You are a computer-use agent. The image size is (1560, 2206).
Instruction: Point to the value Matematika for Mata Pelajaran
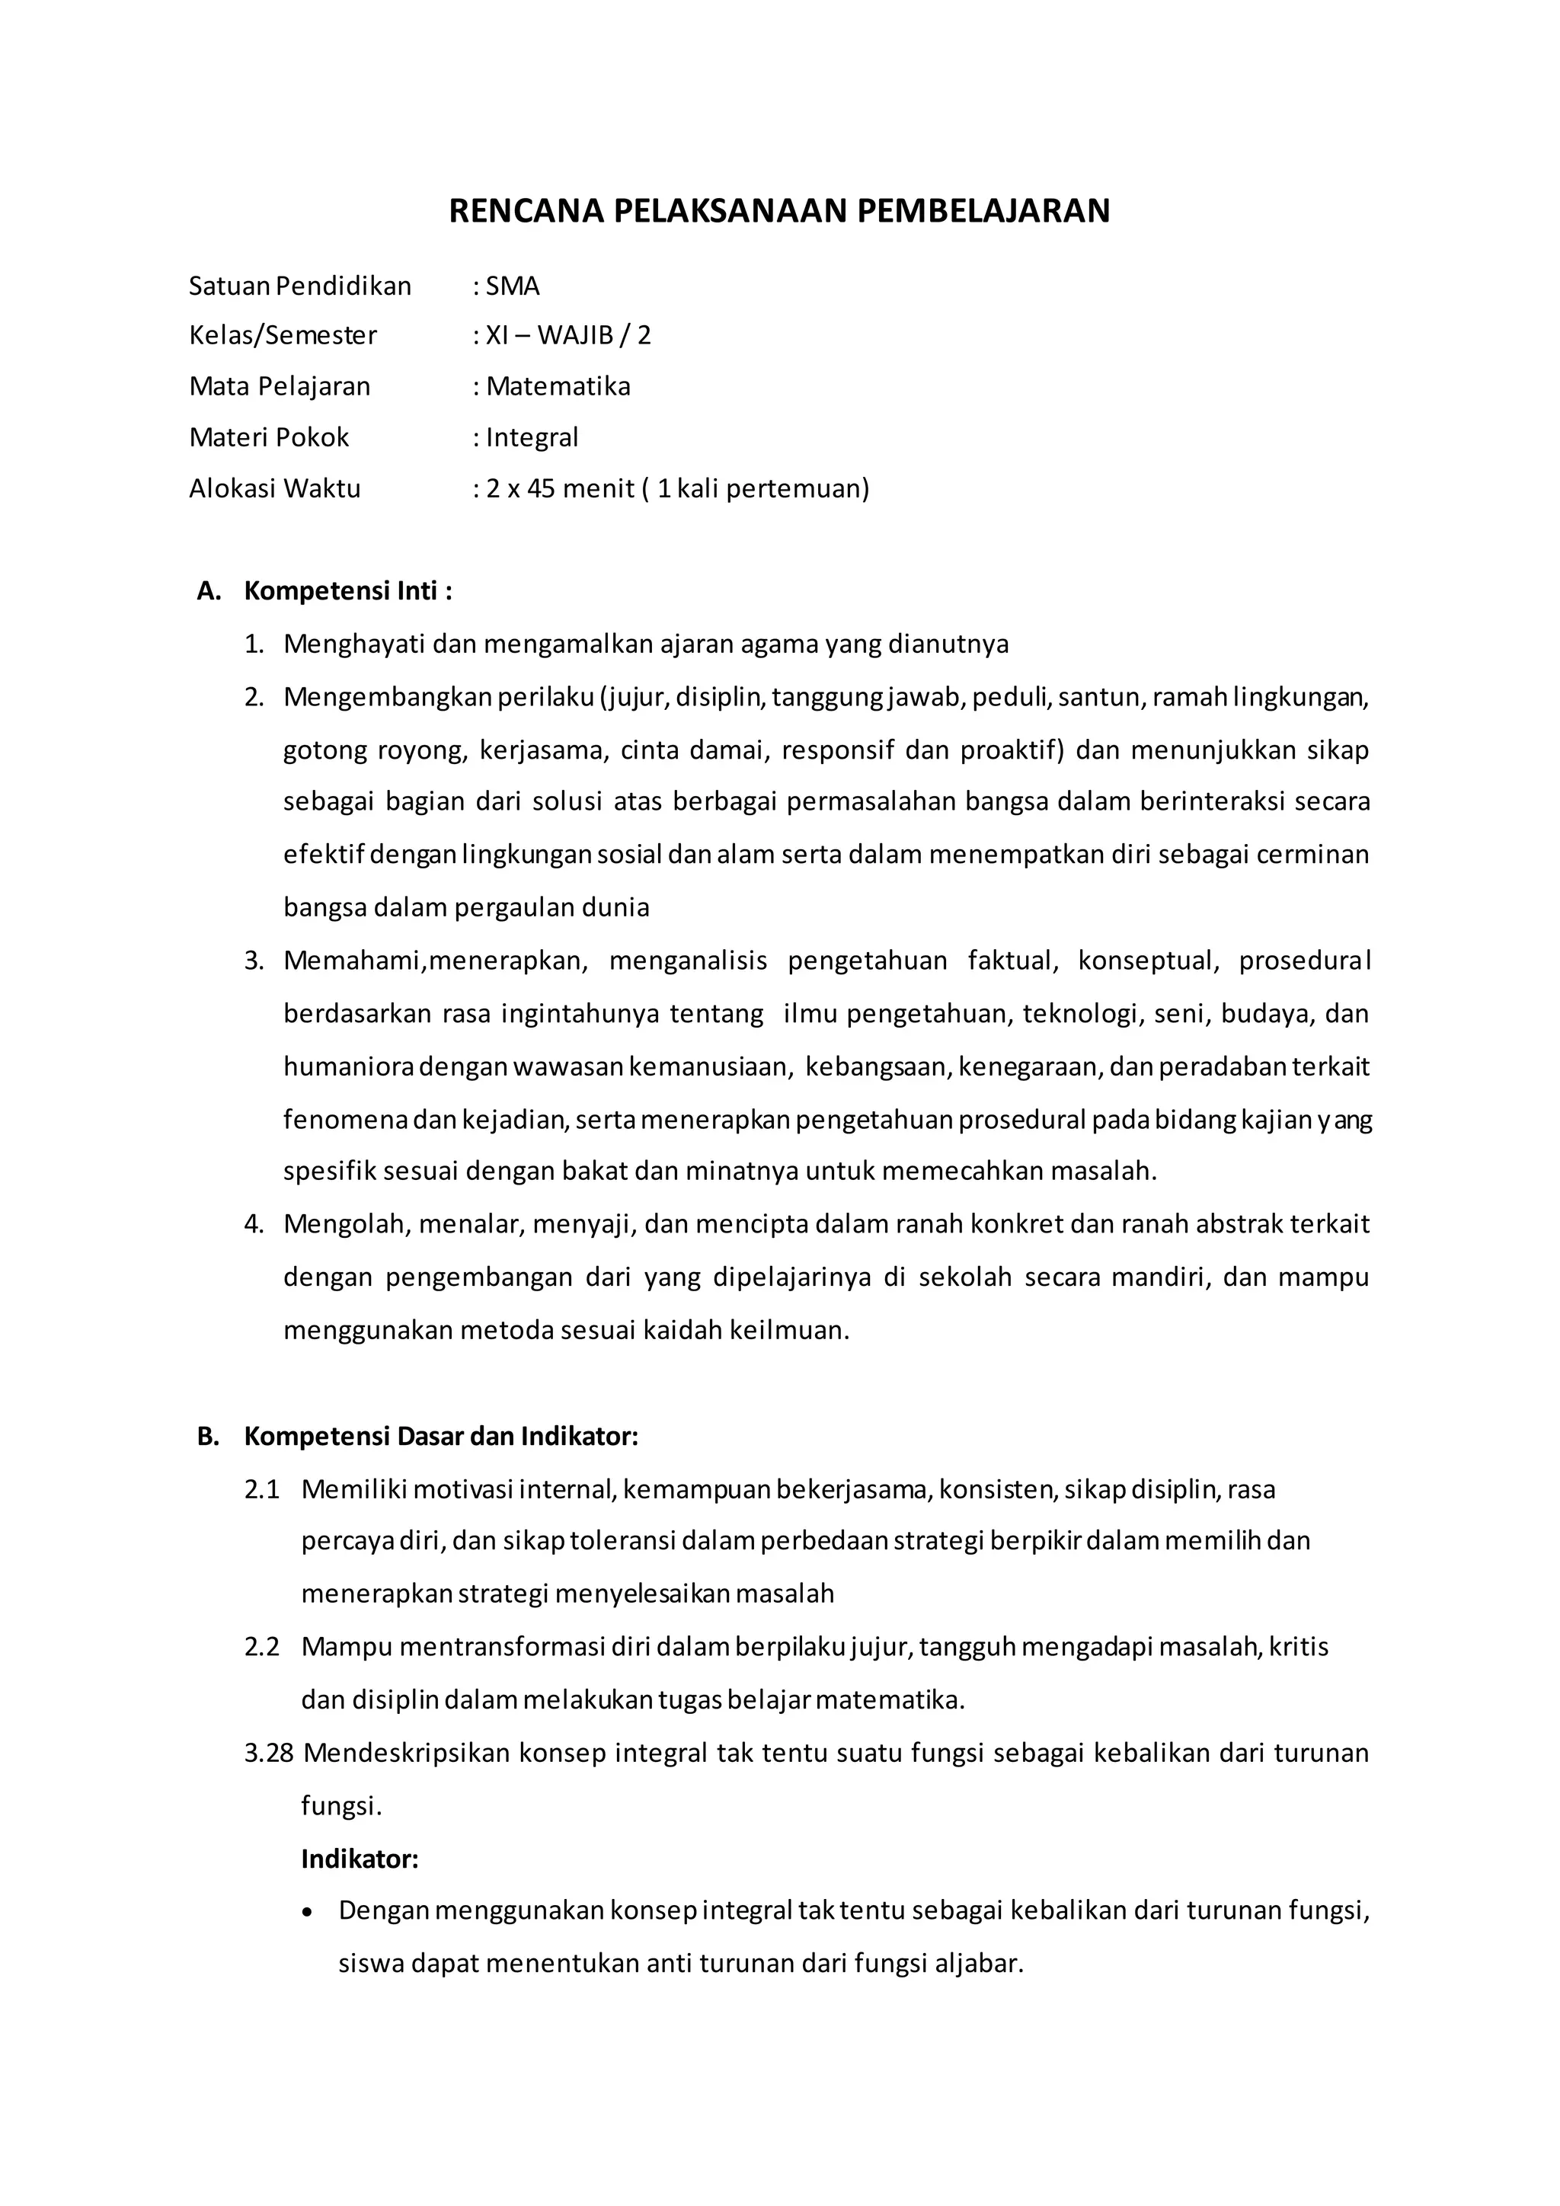(x=558, y=386)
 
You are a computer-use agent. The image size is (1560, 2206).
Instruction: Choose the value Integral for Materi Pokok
(x=532, y=438)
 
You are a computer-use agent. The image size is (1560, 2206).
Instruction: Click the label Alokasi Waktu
(x=275, y=489)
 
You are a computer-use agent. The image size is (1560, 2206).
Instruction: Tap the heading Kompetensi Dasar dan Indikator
(x=441, y=1437)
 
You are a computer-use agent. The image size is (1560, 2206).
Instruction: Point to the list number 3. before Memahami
(x=254, y=961)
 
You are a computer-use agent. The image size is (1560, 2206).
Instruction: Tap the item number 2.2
(x=261, y=1647)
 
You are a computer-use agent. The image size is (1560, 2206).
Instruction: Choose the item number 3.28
(x=268, y=1753)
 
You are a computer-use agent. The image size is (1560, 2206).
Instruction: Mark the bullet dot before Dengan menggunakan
(x=308, y=1912)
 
